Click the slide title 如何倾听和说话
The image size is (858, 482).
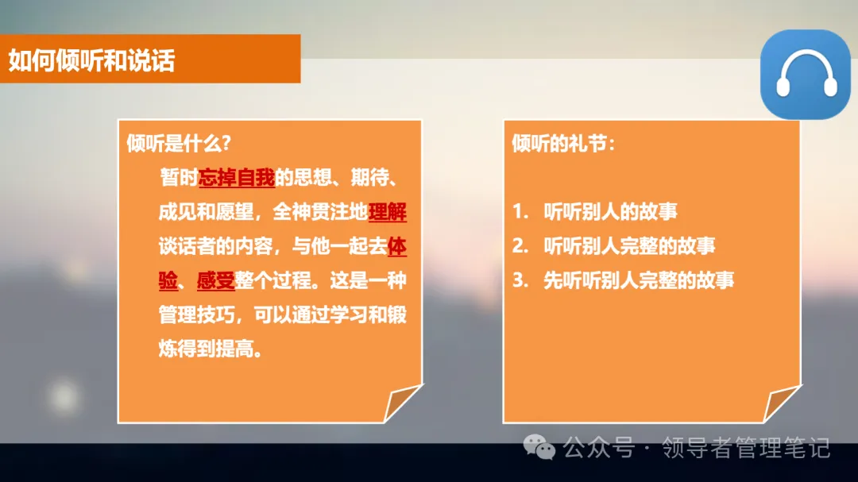pyautogui.click(x=92, y=60)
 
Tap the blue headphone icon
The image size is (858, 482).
pyautogui.click(x=806, y=75)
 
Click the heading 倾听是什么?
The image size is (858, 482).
pyautogui.click(x=179, y=144)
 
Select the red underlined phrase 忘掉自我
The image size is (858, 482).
pyautogui.click(x=237, y=179)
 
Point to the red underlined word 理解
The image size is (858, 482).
pyautogui.click(x=388, y=213)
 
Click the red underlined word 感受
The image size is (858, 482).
pyautogui.click(x=215, y=281)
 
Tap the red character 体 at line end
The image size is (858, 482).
pyautogui.click(x=397, y=247)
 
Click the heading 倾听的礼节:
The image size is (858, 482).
pyautogui.click(x=564, y=144)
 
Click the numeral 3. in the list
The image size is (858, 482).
pyautogui.click(x=520, y=280)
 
